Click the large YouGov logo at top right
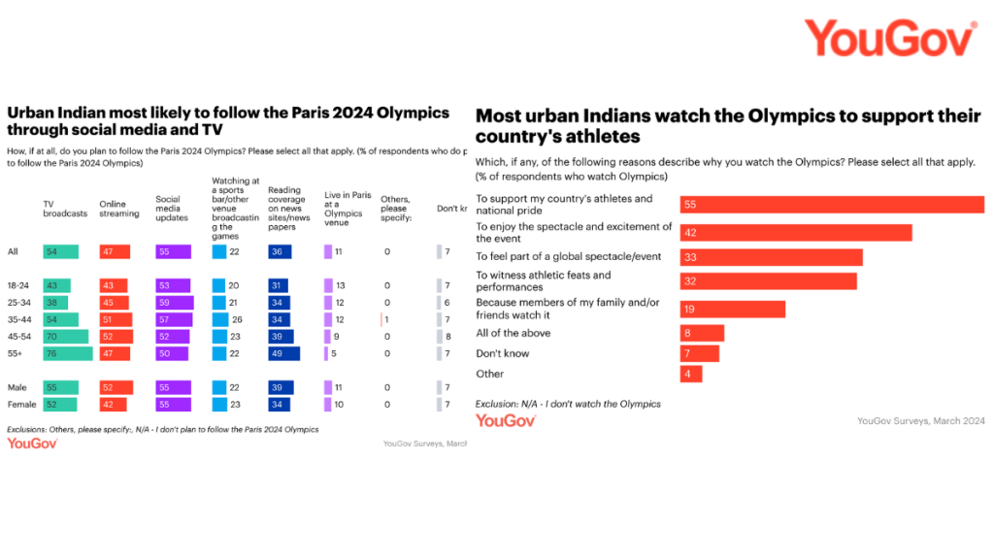889,39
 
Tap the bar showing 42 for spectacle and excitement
693,233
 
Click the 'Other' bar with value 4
690,374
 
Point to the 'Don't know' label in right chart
502,353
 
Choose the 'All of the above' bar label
513,333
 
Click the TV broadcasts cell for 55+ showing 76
68,354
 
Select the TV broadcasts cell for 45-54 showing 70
66,337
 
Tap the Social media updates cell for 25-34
175,302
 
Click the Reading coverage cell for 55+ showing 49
283,354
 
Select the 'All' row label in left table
14,252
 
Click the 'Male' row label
17,387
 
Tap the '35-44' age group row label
19,319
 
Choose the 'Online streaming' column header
119,208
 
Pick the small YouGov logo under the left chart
32,444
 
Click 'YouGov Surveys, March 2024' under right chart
920,421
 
